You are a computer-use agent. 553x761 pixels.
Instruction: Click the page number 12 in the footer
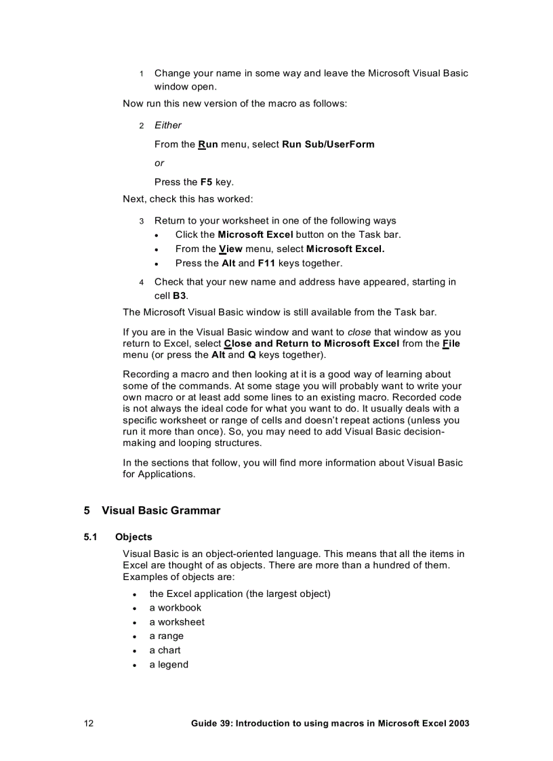tap(89, 723)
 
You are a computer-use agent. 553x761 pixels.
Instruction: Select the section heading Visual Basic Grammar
tap(161, 510)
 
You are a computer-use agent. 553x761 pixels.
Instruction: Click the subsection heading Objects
tap(134, 537)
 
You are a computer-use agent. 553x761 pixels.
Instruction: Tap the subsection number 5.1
tap(91, 537)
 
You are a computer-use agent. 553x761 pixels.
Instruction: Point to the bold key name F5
tap(207, 182)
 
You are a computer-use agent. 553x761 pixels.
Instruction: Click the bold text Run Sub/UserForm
tap(328, 144)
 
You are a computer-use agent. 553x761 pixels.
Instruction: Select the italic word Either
tap(168, 125)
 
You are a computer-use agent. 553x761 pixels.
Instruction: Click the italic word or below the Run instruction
tap(159, 163)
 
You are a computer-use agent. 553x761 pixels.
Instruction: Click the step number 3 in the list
tap(142, 221)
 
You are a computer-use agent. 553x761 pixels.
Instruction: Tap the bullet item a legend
tap(169, 665)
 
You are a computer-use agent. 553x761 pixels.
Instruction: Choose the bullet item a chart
tap(165, 651)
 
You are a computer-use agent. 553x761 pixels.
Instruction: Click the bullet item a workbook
tap(175, 608)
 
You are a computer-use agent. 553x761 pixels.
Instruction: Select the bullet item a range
tap(166, 636)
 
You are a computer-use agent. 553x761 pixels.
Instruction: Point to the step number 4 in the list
tap(142, 282)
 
